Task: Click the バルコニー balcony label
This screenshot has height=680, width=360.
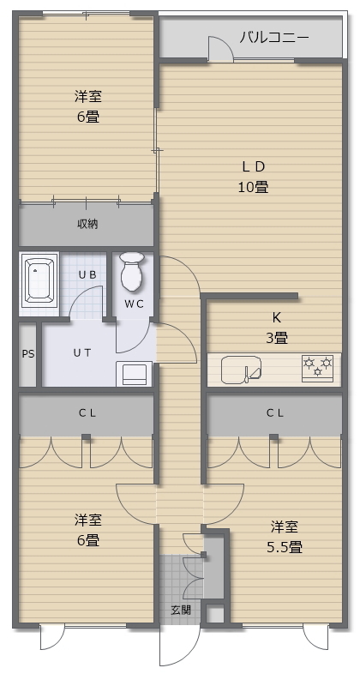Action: pyautogui.click(x=274, y=38)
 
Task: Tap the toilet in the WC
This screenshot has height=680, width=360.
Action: pyautogui.click(x=132, y=271)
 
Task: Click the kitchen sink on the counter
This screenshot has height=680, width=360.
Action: pyautogui.click(x=241, y=370)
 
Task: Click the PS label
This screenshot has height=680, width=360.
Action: pyautogui.click(x=28, y=354)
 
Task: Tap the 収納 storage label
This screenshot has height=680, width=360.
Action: pyautogui.click(x=87, y=224)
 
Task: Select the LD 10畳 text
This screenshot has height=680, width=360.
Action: pyautogui.click(x=254, y=177)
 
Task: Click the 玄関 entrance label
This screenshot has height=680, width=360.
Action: pyautogui.click(x=181, y=611)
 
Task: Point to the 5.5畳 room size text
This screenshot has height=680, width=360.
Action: pyautogui.click(x=285, y=547)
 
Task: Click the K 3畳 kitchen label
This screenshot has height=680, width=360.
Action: pyautogui.click(x=276, y=328)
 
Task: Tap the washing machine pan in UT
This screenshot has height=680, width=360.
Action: pyautogui.click(x=134, y=374)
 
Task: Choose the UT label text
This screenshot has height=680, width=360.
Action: pyautogui.click(x=82, y=353)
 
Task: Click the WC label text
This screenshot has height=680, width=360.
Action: pyautogui.click(x=134, y=304)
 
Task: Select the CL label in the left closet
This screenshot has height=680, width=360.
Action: pyautogui.click(x=87, y=413)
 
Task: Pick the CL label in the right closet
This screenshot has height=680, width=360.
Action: pyautogui.click(x=275, y=413)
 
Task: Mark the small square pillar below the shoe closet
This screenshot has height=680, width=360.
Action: pyautogui.click(x=214, y=614)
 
